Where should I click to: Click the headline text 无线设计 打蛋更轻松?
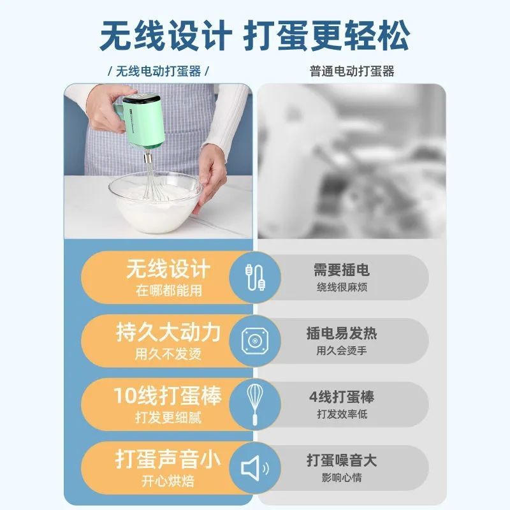254,36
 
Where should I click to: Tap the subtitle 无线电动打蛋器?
158,71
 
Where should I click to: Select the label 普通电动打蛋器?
352,71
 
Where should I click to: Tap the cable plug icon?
255,277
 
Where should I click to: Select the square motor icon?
255,341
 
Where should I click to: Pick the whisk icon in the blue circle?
255,404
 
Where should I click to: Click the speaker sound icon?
255,468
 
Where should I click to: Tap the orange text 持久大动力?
168,333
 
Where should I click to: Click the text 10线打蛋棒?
168,396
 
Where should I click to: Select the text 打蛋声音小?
168,459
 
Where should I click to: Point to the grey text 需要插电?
342,270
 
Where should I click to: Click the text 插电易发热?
342,333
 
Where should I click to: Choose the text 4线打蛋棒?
342,397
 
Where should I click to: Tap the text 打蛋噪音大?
342,460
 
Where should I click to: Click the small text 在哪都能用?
169,291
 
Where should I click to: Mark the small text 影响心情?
342,477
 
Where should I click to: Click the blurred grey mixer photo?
352,161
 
